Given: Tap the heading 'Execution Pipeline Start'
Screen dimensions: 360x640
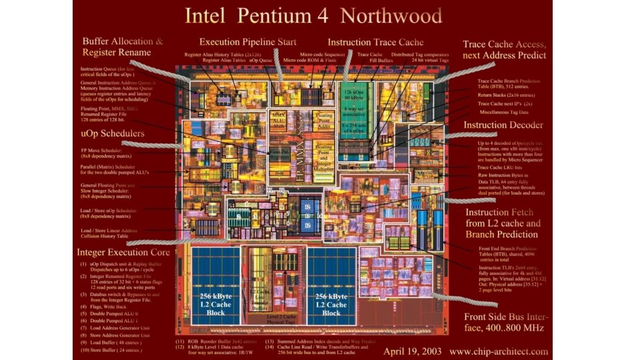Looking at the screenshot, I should click(x=248, y=41).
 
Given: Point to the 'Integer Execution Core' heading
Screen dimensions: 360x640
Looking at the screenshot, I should click(x=123, y=253).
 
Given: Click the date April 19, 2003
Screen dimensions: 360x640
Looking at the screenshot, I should click(x=413, y=351).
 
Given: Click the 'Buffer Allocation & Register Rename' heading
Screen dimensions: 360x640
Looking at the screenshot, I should click(x=122, y=47).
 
